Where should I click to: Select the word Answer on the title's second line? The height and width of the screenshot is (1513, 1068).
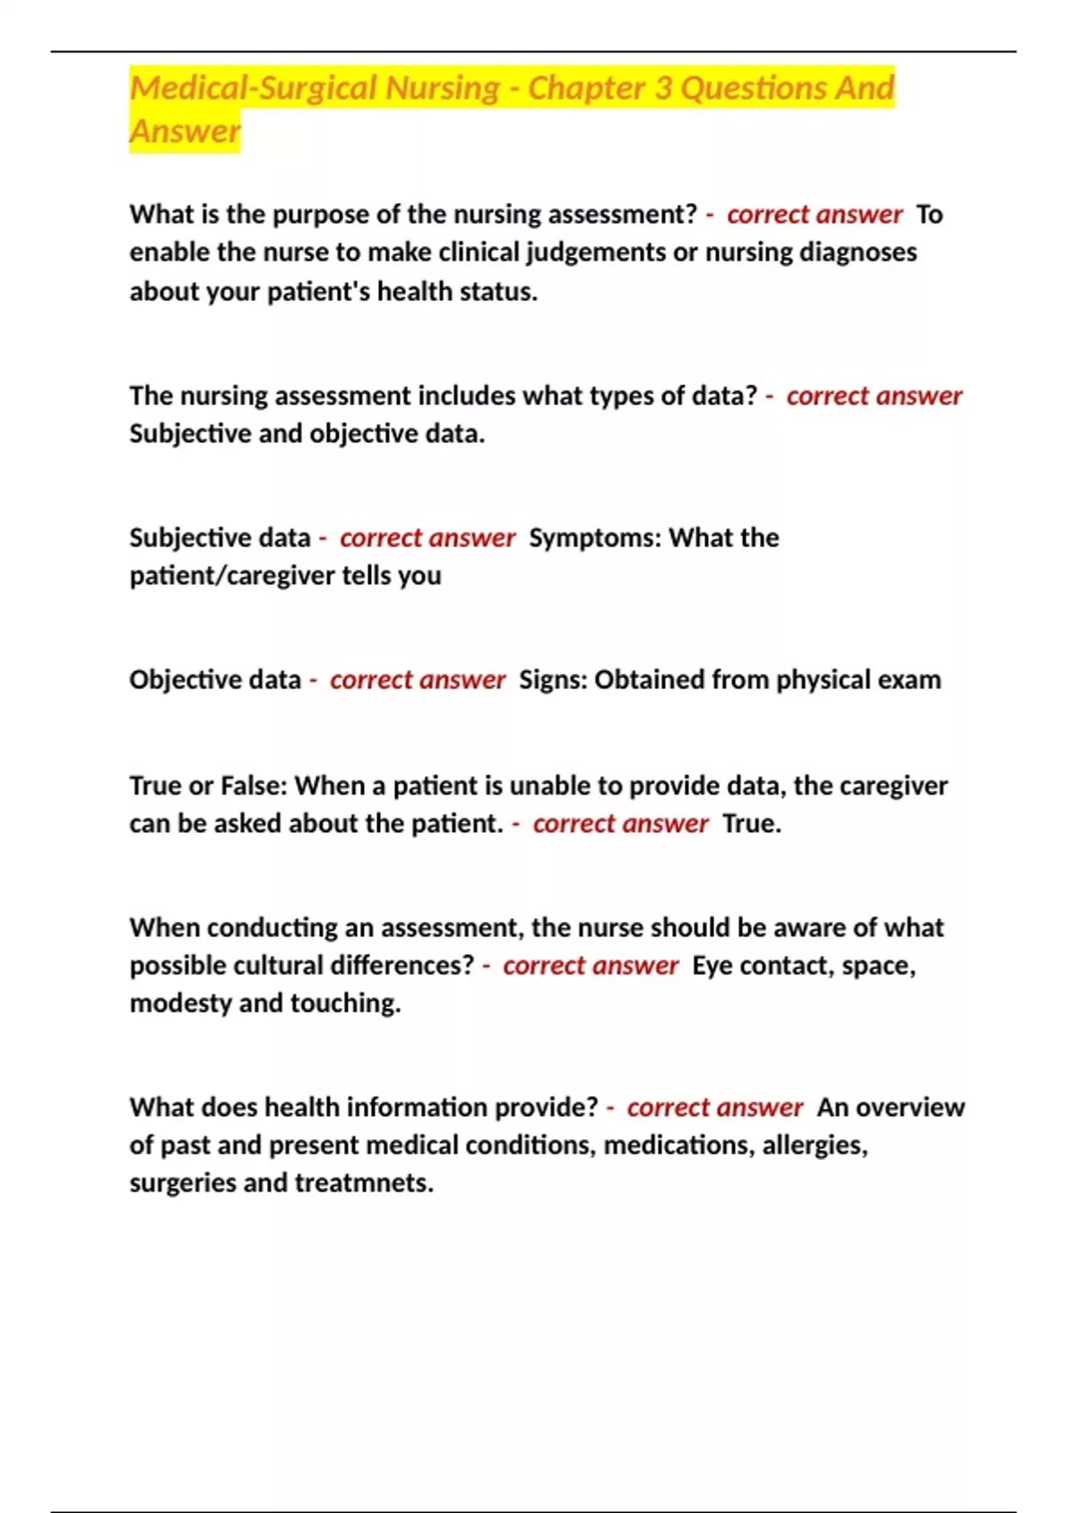tap(185, 131)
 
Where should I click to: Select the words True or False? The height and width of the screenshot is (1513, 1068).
tap(208, 786)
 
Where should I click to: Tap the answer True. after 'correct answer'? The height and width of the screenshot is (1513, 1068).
tap(751, 824)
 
